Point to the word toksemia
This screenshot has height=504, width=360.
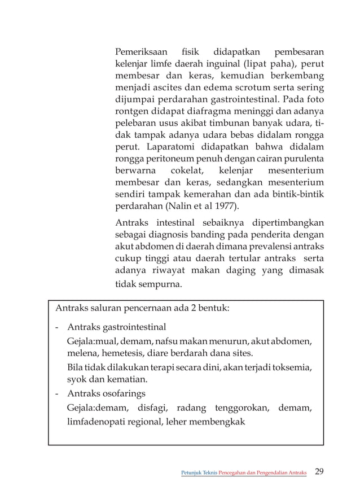pyautogui.click(x=293, y=367)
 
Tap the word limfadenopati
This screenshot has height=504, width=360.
pyautogui.click(x=95, y=421)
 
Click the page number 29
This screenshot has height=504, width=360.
pyautogui.click(x=319, y=471)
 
